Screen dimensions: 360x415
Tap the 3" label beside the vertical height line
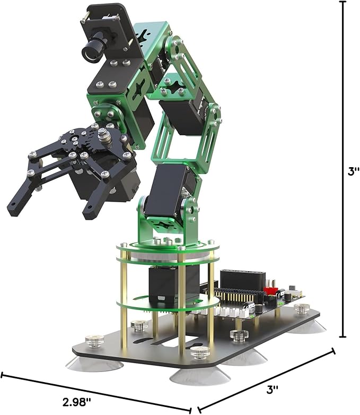point(354,171)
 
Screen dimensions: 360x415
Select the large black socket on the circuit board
point(242,281)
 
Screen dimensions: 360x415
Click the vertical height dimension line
point(343,169)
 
